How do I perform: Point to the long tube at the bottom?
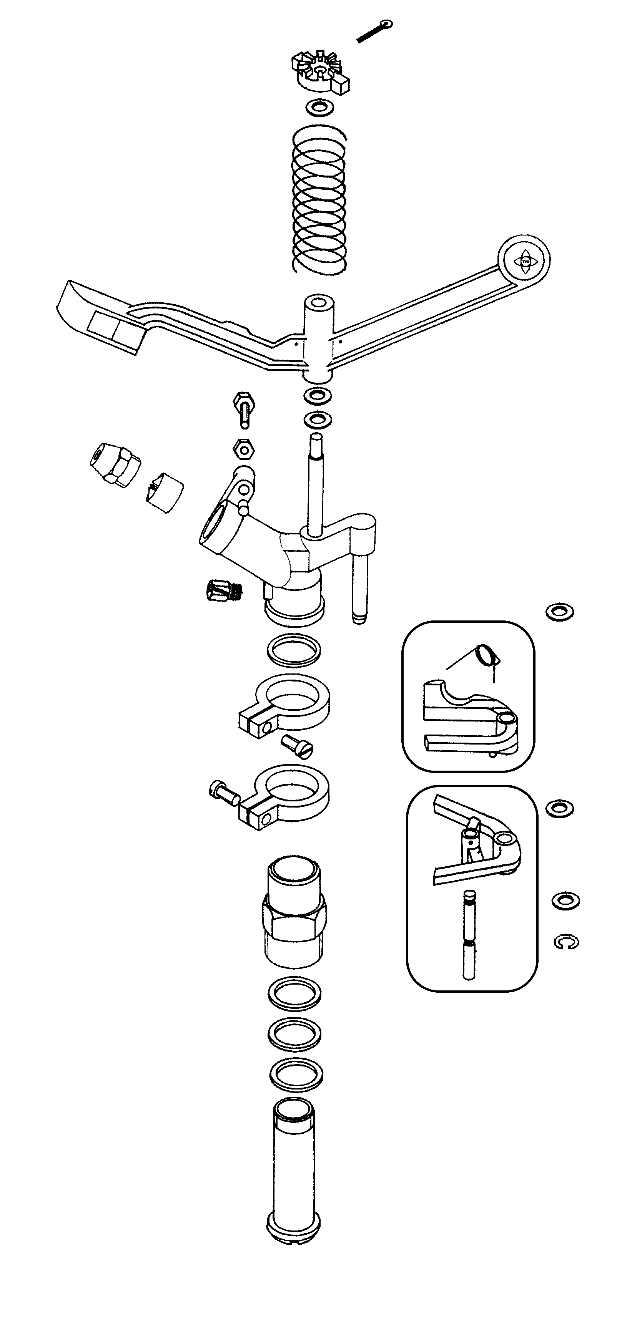tap(293, 1173)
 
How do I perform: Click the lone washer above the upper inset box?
tap(559, 612)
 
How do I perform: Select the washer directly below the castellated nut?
tap(319, 108)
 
